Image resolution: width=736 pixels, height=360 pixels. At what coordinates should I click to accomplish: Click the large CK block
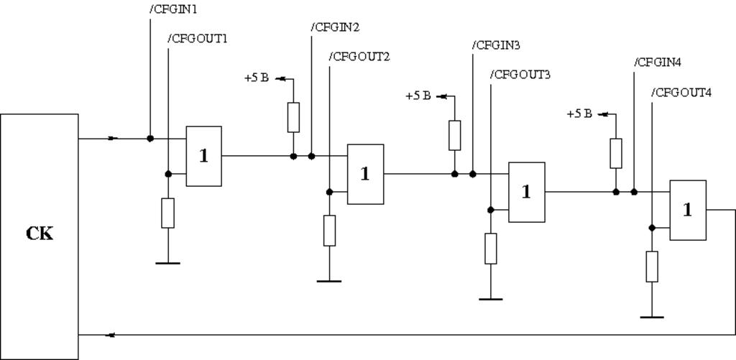pos(39,236)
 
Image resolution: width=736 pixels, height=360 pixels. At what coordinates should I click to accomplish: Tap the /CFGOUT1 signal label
pos(198,39)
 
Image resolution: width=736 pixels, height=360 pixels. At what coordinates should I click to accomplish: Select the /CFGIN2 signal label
pos(335,27)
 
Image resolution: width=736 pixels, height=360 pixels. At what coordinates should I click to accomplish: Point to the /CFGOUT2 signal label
pos(359,57)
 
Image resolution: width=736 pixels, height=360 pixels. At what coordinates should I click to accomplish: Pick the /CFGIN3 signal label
pos(496,45)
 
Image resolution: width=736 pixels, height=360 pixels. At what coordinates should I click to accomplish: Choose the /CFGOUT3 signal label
pos(520,75)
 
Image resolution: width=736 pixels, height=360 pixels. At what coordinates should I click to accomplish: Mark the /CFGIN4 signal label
pos(658,63)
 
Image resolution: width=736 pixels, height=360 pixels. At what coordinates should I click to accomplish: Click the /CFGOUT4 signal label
pos(681,93)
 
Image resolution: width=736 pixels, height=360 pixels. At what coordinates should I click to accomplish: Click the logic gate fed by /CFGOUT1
pos(204,156)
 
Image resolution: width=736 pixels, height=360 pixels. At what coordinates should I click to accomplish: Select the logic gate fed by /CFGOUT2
pos(365,174)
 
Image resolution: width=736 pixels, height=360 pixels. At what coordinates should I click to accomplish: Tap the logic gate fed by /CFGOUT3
pos(527,192)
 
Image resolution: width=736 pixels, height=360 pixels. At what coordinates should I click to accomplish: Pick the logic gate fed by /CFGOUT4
pos(688,210)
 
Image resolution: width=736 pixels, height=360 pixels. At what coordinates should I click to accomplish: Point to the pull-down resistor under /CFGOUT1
pos(167,213)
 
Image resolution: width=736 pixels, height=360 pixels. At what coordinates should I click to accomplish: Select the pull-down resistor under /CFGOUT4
pos(652,267)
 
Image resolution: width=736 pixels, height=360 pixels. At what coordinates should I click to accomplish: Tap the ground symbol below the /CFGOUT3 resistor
pos(491,298)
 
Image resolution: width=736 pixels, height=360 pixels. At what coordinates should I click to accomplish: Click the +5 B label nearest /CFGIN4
pos(579,114)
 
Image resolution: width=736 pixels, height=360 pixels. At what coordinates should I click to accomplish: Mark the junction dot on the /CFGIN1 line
pos(149,138)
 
